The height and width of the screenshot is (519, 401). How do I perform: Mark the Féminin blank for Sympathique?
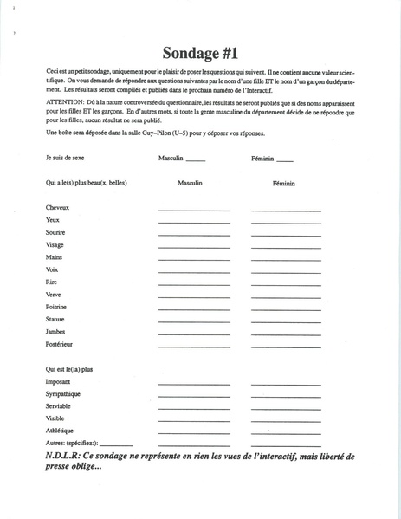(x=286, y=396)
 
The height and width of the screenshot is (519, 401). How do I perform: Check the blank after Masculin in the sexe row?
(x=196, y=161)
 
